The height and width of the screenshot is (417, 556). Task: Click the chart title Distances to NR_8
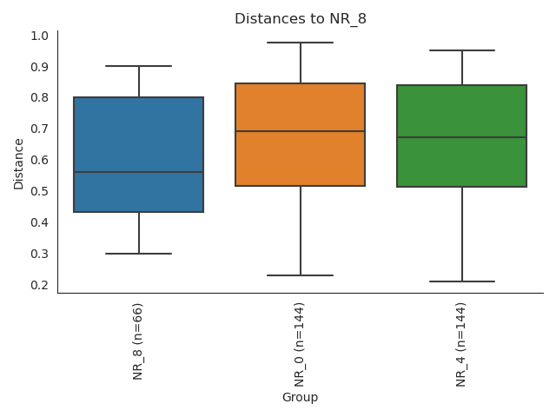301,19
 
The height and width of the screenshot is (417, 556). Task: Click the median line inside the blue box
139,172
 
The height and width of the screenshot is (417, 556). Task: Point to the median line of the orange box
301,131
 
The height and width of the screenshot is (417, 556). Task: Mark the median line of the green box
461,137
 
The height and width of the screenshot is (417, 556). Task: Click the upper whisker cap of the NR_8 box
139,66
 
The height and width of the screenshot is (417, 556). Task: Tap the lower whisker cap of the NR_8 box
139,254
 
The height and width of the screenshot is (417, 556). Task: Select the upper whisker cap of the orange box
301,43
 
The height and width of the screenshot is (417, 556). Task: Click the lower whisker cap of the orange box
301,275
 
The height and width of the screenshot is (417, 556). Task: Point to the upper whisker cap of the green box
461,50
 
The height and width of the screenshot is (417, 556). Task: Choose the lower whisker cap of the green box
461,281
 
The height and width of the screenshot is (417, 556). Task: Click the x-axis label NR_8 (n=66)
138,341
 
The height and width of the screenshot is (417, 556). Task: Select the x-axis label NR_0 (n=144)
300,344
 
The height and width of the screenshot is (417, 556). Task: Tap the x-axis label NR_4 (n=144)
461,344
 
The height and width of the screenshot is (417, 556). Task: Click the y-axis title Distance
19,162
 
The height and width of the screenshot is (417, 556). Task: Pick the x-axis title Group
300,398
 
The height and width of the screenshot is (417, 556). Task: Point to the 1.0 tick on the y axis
39,36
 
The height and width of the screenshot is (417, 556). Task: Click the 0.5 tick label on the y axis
39,191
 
